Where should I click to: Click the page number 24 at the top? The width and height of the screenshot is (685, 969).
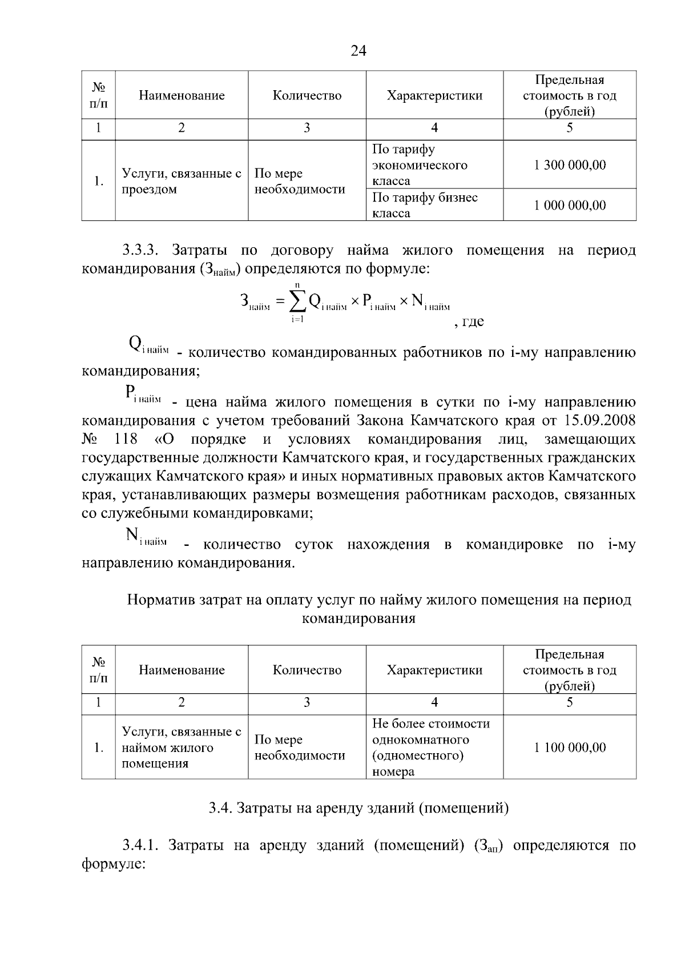point(358,51)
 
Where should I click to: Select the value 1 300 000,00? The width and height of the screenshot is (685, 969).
point(570,165)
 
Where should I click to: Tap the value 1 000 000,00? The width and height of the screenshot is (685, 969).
point(570,205)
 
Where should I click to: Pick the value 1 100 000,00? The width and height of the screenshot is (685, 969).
point(570,747)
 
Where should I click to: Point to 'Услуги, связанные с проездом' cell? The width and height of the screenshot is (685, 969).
point(182,181)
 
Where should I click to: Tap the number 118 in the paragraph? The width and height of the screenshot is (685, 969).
point(126,439)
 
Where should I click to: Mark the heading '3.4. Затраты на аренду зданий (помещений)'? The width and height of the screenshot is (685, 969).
point(358,808)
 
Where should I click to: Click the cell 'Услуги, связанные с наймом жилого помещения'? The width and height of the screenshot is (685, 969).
point(182,747)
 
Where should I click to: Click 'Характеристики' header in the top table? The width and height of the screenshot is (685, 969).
point(434,95)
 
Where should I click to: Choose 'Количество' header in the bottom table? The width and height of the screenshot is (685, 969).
point(307,670)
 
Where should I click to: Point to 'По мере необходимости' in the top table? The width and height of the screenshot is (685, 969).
point(300,181)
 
